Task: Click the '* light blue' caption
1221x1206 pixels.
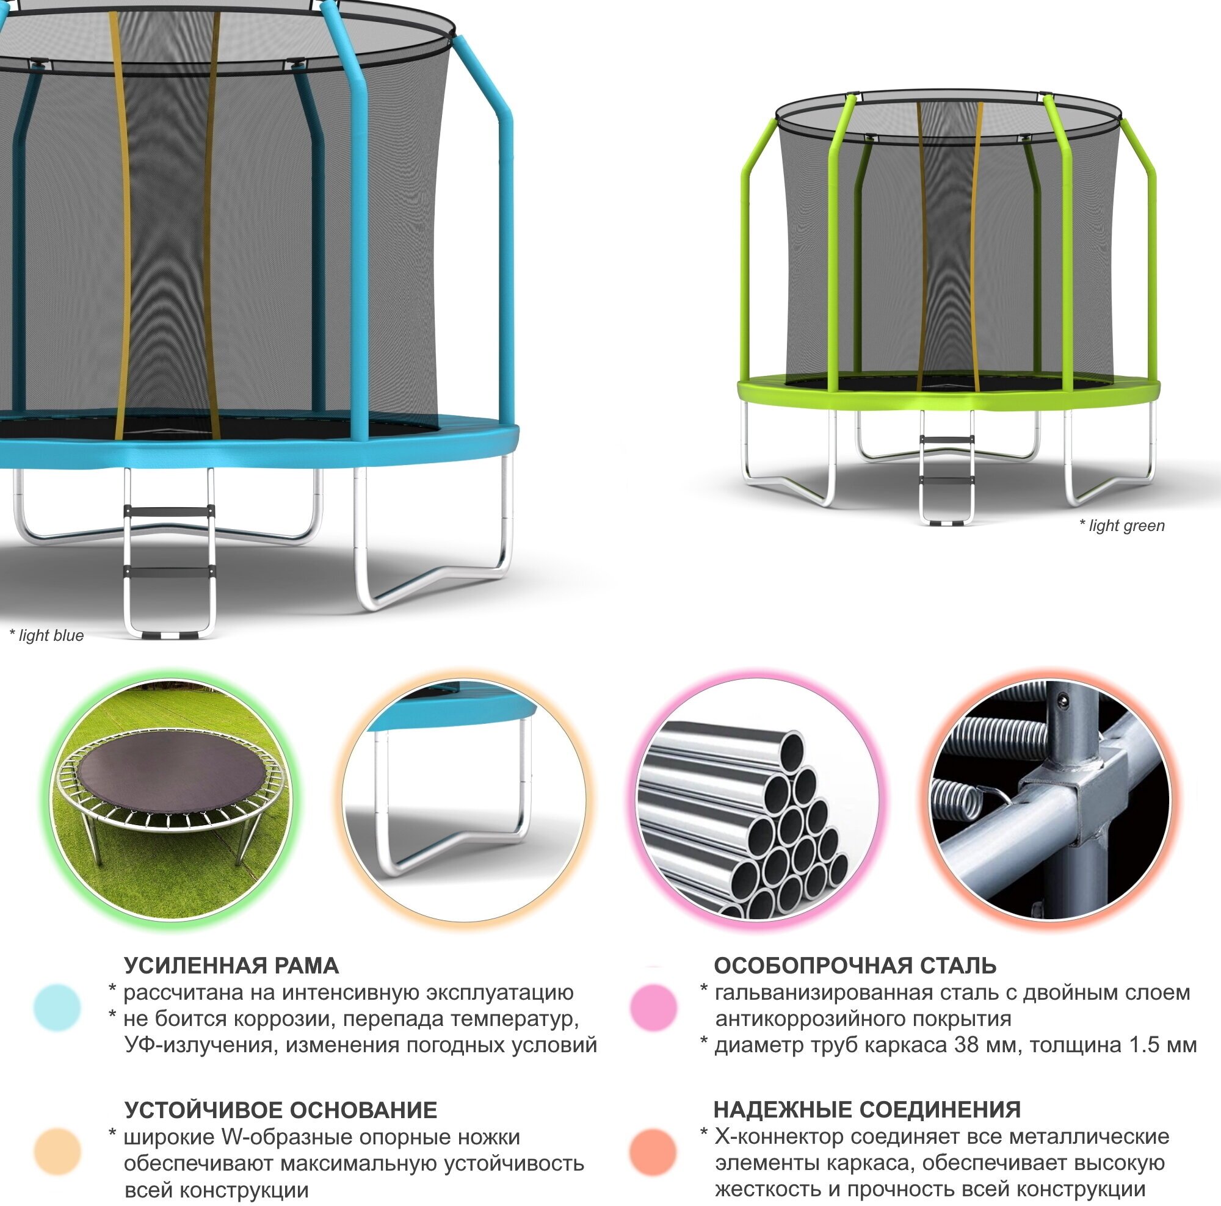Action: click(x=48, y=635)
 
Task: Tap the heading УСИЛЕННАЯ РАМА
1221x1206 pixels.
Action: click(x=231, y=966)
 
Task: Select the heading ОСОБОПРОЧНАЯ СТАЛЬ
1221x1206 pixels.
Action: click(x=855, y=966)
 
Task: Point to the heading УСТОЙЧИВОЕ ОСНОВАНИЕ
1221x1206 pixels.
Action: click(x=281, y=1110)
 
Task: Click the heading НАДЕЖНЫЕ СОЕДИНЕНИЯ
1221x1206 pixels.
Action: click(x=867, y=1110)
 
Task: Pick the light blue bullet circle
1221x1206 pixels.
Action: click(x=57, y=1007)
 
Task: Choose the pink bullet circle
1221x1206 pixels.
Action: click(x=653, y=1007)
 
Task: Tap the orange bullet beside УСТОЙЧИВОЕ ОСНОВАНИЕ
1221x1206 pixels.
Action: click(x=57, y=1152)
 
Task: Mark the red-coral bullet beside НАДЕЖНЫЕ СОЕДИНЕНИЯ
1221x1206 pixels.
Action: click(x=653, y=1152)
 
